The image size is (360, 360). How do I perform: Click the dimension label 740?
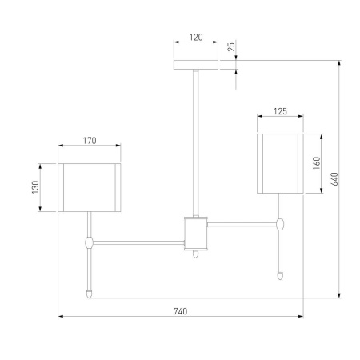(180, 311)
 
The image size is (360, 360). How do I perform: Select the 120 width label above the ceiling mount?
(195, 37)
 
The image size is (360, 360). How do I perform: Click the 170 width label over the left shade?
(90, 141)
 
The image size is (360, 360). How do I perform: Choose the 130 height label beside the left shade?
(35, 186)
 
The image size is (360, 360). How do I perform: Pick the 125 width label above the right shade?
(279, 111)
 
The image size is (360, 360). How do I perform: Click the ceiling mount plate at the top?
(195, 64)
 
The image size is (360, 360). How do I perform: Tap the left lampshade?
(90, 187)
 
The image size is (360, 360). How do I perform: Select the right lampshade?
(279, 163)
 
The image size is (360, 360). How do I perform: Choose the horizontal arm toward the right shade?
(242, 223)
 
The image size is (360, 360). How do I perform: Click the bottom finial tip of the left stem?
(89, 293)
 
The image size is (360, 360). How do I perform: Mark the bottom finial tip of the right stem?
(280, 275)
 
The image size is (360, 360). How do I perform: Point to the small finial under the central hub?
(196, 255)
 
